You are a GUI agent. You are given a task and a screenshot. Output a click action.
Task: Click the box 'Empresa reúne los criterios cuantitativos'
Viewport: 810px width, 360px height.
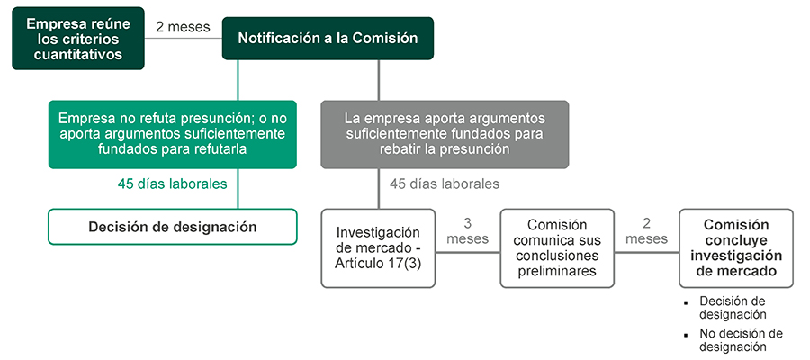(x=78, y=40)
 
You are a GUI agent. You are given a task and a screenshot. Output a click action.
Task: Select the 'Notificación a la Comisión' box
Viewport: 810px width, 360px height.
(x=328, y=39)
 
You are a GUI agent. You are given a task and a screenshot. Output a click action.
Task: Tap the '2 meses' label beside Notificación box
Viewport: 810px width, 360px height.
(x=183, y=27)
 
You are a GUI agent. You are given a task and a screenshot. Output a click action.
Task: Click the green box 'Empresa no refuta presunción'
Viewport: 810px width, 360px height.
(x=172, y=134)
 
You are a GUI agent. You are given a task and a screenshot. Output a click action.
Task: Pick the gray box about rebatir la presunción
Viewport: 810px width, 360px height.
(x=445, y=134)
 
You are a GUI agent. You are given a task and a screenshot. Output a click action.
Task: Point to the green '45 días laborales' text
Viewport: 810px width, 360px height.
(x=172, y=184)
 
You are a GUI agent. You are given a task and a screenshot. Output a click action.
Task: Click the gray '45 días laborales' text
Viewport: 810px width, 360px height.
(x=445, y=184)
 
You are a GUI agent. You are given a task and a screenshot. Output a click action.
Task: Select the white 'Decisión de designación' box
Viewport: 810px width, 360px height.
(x=172, y=227)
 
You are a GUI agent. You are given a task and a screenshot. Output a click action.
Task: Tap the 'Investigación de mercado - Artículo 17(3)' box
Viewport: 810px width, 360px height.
(x=378, y=248)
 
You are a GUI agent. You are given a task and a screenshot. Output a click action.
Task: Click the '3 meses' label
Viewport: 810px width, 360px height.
(x=467, y=231)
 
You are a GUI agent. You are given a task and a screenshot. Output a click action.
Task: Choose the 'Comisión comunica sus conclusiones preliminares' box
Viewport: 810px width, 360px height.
(x=557, y=248)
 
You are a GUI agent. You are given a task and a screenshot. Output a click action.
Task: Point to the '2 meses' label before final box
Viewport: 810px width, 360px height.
(x=646, y=231)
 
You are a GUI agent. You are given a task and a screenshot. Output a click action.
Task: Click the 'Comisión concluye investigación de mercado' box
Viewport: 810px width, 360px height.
(x=736, y=248)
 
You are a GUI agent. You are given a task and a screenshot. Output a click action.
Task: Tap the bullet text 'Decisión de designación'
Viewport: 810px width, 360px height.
(x=733, y=308)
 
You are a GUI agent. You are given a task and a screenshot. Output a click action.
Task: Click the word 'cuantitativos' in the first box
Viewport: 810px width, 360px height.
(x=78, y=55)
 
